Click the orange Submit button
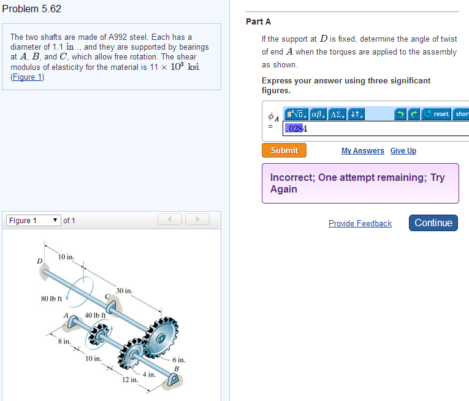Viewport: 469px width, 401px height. coord(284,150)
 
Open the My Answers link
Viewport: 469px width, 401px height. coord(362,150)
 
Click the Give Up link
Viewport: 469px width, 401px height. coord(403,150)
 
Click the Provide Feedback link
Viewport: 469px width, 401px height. coord(360,223)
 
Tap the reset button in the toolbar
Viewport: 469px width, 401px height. coord(436,114)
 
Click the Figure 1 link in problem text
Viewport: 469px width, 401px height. coord(27,77)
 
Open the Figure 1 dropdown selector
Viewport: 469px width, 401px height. coord(34,221)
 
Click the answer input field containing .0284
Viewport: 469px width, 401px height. coord(376,128)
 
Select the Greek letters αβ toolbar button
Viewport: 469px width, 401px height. coord(318,114)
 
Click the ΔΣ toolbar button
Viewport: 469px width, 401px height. coord(337,114)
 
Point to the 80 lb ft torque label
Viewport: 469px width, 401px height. coord(51,299)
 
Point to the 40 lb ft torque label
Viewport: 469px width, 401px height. coord(95,315)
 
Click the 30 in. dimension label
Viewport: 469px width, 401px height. coord(124,291)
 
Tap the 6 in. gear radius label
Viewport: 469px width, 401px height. coord(179,360)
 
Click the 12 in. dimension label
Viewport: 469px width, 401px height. coord(130,380)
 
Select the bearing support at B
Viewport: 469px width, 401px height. coord(173,380)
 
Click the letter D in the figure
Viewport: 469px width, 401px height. coord(39,261)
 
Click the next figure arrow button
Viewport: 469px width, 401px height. coord(197,220)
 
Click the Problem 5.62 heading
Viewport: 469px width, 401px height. coord(31,9)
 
